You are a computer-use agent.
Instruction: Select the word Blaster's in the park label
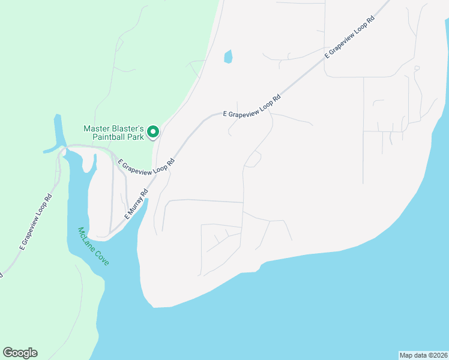tap(128, 128)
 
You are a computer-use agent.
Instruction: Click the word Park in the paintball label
tap(136, 137)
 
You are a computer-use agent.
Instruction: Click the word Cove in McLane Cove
tap(101, 258)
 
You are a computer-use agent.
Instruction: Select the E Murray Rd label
tap(136, 205)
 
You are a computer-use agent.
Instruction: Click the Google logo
tap(20, 353)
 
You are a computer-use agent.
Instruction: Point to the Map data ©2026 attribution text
tap(423, 355)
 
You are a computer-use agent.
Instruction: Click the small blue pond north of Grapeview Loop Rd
tap(228, 57)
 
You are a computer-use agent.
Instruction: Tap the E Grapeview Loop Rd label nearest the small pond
tap(252, 106)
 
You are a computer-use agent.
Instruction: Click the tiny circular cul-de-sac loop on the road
tap(417, 68)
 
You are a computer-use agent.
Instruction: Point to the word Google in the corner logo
tap(20, 353)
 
